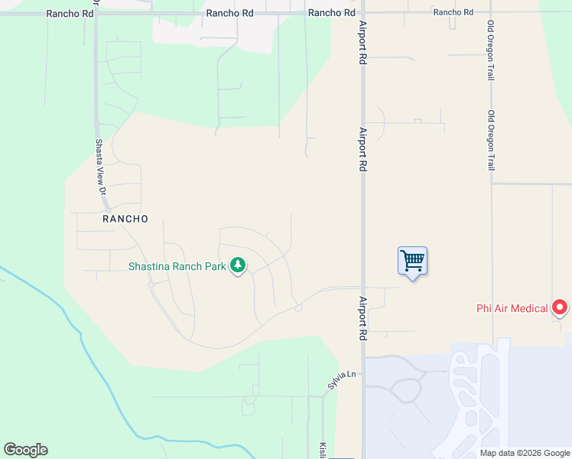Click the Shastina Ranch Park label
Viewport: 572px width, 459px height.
(177, 266)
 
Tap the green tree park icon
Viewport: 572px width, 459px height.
(238, 265)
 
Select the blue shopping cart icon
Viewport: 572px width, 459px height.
(412, 262)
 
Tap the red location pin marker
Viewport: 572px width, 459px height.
(560, 308)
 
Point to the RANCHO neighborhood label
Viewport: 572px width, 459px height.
(125, 219)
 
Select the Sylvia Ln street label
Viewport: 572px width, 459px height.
(343, 380)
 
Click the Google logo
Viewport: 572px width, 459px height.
(25, 450)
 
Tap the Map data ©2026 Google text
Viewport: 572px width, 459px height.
(525, 453)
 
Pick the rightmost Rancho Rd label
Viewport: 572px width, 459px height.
(453, 12)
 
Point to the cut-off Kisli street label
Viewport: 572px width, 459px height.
(322, 450)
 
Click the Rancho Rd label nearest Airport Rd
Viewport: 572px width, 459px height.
(331, 13)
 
